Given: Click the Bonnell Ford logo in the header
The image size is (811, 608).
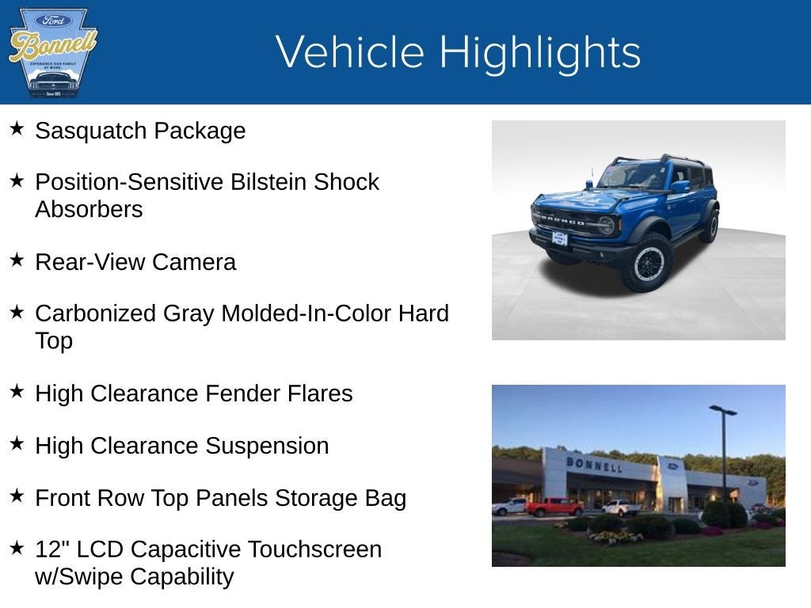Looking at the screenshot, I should (x=52, y=52).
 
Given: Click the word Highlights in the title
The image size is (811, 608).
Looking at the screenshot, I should (x=539, y=52).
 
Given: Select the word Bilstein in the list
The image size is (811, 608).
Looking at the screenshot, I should (x=268, y=182).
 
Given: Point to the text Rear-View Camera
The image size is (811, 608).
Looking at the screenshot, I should (x=135, y=262).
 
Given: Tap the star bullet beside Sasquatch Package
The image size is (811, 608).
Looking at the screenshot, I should (x=17, y=128).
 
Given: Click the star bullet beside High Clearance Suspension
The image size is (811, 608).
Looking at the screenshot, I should (x=17, y=443).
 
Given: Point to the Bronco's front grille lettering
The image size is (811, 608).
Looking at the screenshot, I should (x=563, y=220).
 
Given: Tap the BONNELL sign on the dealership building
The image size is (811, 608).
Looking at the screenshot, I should (x=594, y=464).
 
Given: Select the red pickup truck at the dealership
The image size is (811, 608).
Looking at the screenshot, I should (x=554, y=507).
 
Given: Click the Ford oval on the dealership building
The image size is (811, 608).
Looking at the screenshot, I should (x=672, y=466).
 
